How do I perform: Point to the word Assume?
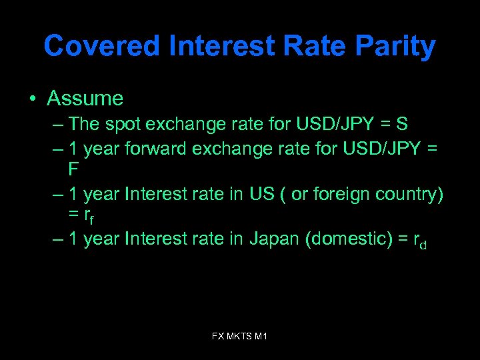[x=85, y=99]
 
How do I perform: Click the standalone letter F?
[x=74, y=169]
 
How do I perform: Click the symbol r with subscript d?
[x=419, y=241]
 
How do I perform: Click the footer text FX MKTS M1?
[x=239, y=337]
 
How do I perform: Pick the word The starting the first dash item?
[x=83, y=124]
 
